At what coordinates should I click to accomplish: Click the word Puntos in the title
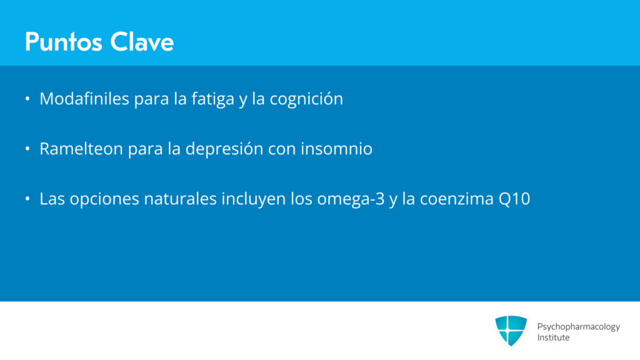click(x=64, y=42)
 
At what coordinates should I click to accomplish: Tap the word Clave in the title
click(x=142, y=42)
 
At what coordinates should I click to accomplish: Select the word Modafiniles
click(x=84, y=98)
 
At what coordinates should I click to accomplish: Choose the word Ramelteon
click(x=81, y=149)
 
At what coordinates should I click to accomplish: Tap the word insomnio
click(x=336, y=149)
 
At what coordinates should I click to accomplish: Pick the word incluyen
click(x=254, y=199)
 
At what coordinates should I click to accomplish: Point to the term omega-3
click(x=351, y=199)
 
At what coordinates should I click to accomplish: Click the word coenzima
click(x=457, y=199)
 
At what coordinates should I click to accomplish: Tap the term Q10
click(x=514, y=199)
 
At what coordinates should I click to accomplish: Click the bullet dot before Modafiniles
click(x=27, y=98)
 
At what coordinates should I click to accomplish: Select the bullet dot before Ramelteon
click(x=27, y=149)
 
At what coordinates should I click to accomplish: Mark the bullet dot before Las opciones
click(x=27, y=199)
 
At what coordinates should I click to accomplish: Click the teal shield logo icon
click(x=511, y=330)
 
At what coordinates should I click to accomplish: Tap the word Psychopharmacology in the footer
click(x=578, y=327)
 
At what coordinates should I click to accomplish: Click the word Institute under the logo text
click(x=553, y=337)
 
